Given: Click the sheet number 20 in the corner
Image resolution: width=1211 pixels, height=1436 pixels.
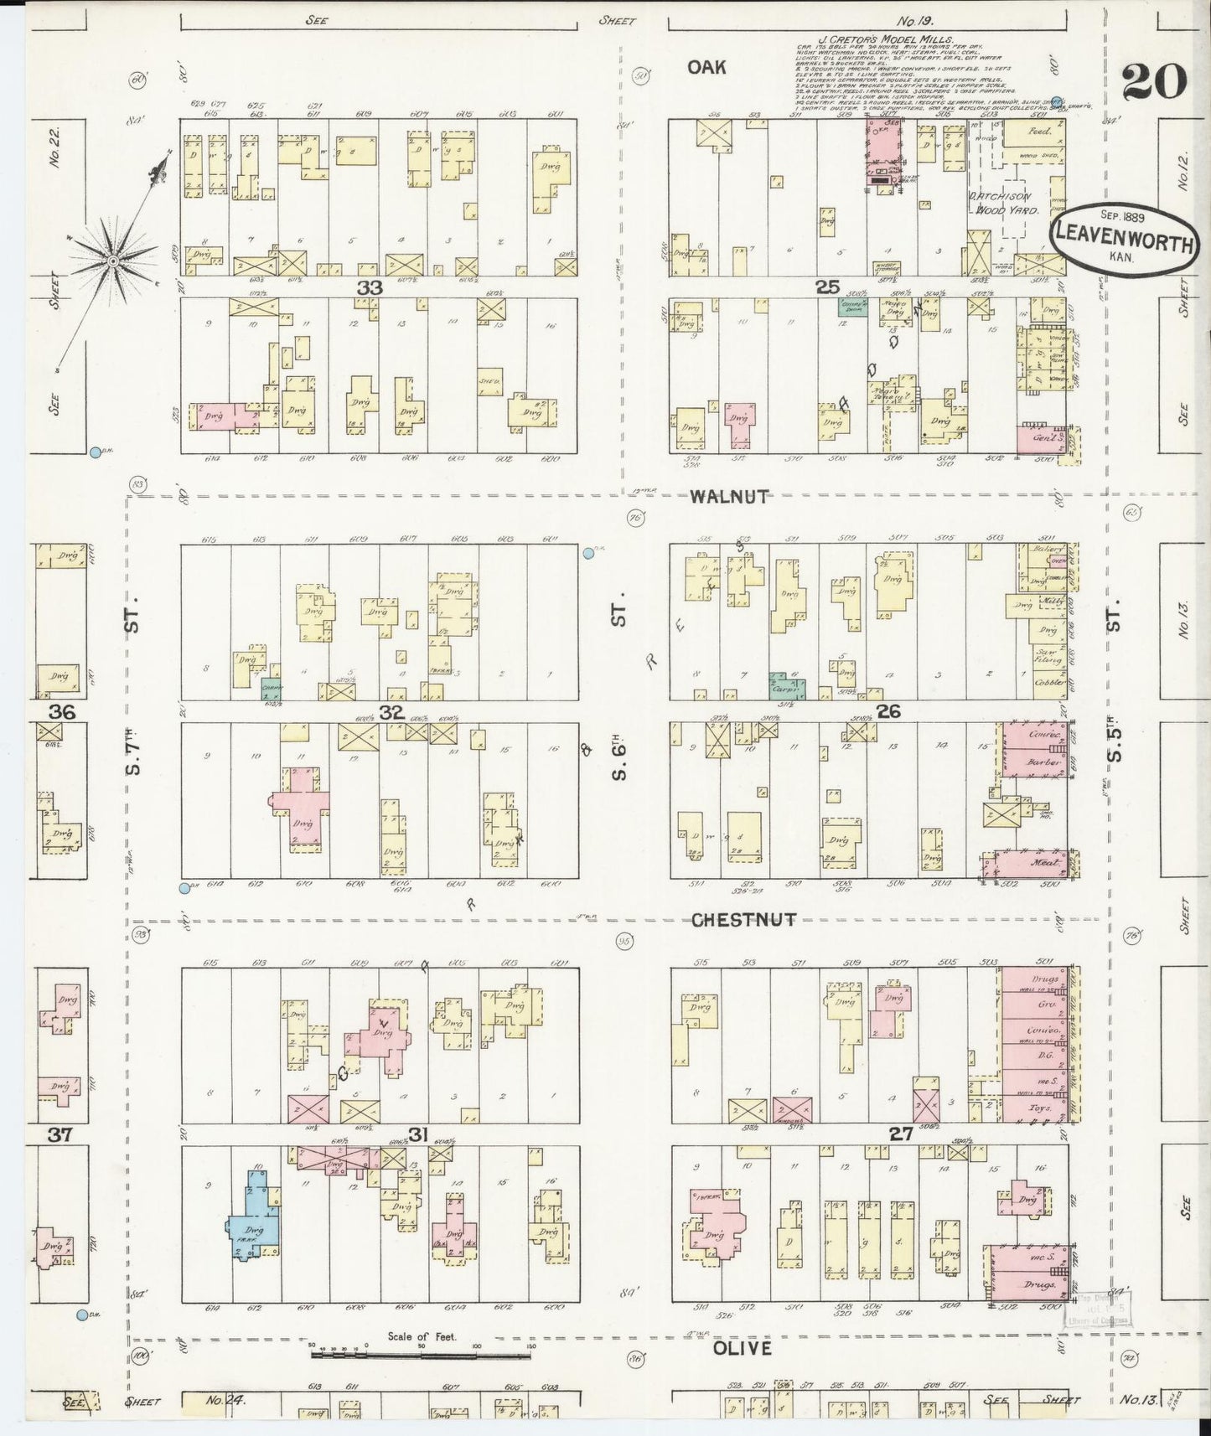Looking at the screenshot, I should click(1153, 82).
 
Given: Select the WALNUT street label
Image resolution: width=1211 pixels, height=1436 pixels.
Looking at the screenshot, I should click(728, 496).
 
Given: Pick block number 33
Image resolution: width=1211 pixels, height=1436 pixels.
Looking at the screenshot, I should click(370, 287).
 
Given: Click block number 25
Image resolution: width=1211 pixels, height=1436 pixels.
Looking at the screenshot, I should click(827, 287).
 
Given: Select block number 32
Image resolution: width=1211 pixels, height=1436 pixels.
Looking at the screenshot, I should click(391, 712).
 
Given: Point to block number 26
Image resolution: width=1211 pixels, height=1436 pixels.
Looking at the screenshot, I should click(888, 711).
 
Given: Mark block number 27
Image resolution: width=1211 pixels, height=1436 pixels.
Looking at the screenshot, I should click(901, 1134).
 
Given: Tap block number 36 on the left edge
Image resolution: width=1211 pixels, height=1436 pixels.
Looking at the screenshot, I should click(62, 712).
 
